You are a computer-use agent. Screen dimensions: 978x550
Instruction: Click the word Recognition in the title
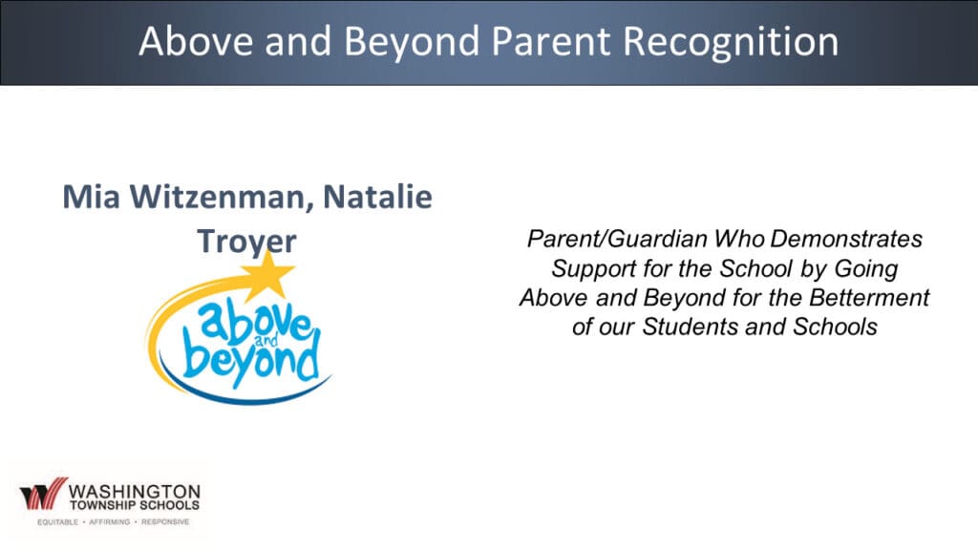[731, 42]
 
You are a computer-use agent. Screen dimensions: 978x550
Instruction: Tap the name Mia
[91, 197]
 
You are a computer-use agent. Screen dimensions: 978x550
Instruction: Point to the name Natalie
[377, 197]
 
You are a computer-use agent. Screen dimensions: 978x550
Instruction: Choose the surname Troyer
[247, 242]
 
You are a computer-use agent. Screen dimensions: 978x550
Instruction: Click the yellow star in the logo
[267, 273]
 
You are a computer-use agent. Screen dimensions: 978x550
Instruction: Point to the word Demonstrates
[846, 238]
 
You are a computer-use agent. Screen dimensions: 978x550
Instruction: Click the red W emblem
[44, 494]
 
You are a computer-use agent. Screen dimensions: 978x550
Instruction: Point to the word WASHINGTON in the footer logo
[135, 492]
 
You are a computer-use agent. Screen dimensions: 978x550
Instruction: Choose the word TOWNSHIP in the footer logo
[99, 506]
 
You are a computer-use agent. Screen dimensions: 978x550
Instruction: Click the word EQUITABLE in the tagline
[58, 522]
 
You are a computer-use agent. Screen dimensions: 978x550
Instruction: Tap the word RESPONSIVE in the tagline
[165, 522]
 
